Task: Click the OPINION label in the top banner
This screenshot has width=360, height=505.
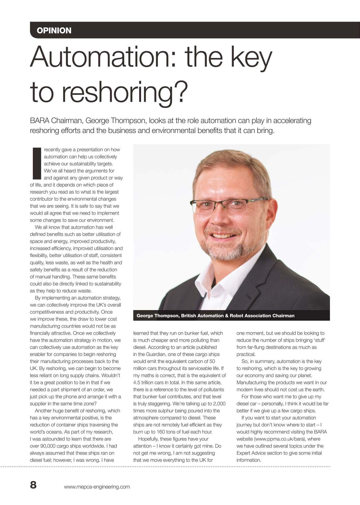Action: point(54,30)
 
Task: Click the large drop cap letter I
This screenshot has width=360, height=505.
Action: point(37,164)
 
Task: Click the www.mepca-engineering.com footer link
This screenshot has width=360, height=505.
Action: point(97,487)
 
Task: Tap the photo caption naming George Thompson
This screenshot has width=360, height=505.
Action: point(215,316)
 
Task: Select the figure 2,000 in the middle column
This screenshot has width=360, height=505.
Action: point(219,404)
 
